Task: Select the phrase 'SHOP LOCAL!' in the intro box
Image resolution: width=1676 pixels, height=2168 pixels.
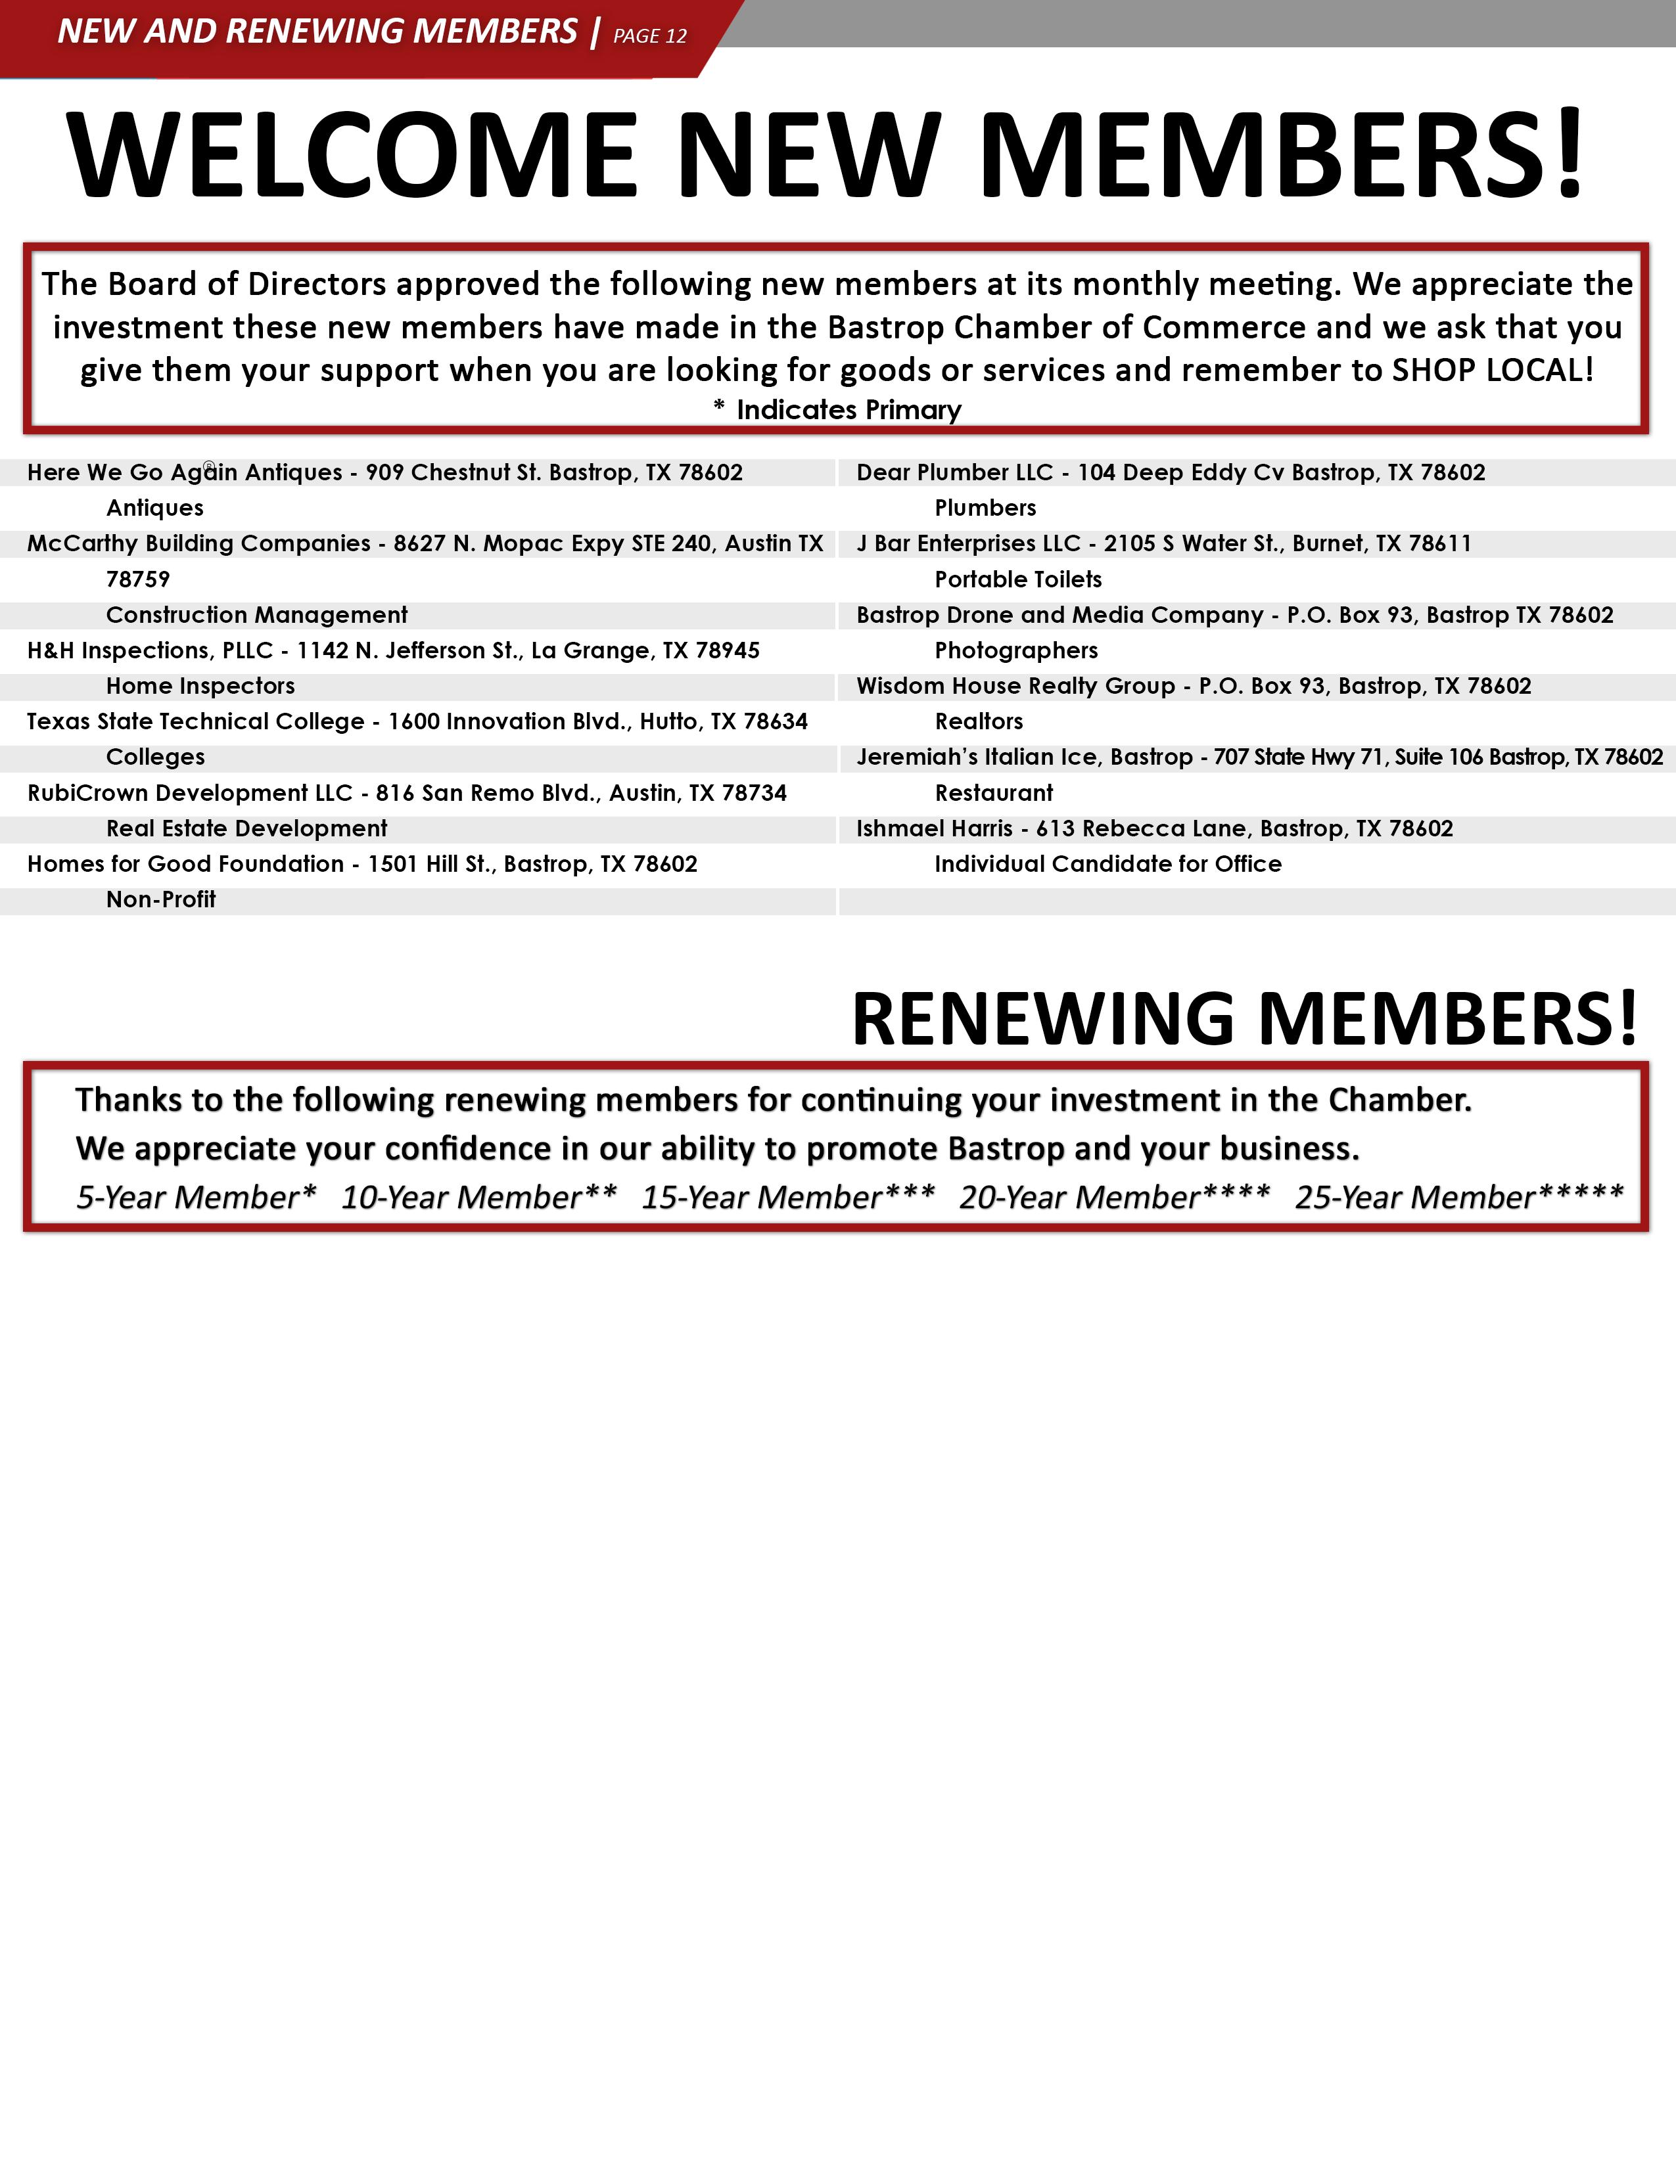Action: pos(1493,371)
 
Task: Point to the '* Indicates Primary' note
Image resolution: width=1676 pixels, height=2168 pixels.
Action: pos(837,410)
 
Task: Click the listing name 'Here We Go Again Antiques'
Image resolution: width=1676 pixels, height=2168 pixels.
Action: pos(185,472)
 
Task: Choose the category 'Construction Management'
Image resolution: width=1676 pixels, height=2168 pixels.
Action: pos(256,616)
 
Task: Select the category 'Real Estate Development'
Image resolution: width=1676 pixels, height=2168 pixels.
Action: pos(246,829)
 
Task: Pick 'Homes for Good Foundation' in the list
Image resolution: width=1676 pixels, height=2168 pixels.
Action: pos(185,865)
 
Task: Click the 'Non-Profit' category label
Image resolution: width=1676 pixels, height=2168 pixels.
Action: pos(161,900)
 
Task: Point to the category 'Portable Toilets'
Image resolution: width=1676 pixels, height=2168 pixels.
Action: pos(1017,579)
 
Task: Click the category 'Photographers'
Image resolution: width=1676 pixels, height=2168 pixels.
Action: pos(1015,651)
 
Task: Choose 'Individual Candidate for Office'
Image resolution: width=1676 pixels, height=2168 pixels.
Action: pos(1107,865)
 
